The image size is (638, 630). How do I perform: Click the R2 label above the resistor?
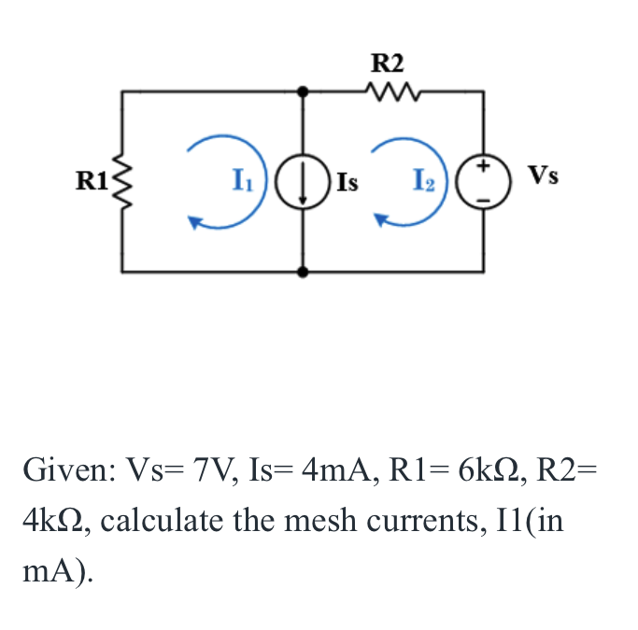pos(388,63)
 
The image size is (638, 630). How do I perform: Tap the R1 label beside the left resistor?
pos(92,180)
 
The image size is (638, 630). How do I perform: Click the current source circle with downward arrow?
pos(303,181)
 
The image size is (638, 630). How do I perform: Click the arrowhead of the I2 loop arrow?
pos(382,221)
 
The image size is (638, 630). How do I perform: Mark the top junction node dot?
pos(303,91)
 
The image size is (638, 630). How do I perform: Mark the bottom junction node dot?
pos(303,272)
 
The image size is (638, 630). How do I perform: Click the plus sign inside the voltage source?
pos(483,167)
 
